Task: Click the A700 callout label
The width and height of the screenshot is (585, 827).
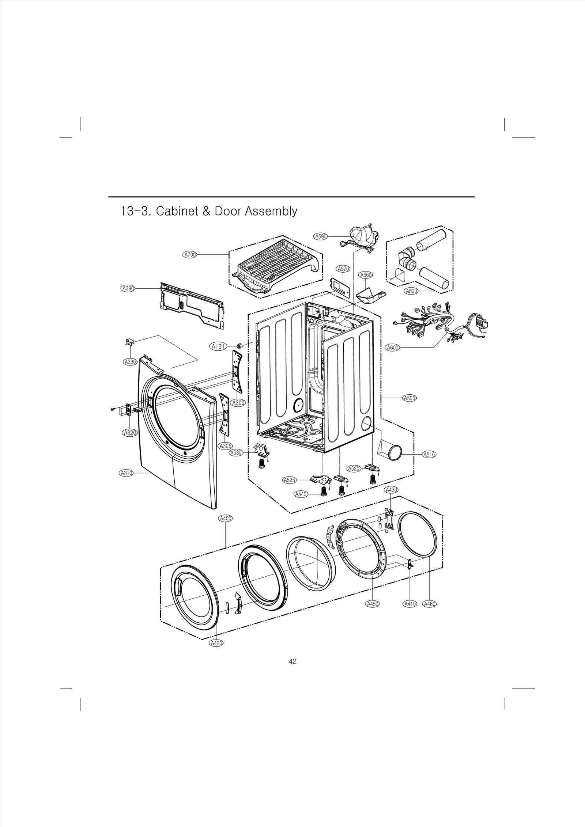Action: [x=190, y=255]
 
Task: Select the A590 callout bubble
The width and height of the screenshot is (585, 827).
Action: [x=321, y=236]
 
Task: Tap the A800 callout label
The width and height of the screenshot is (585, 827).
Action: [x=412, y=291]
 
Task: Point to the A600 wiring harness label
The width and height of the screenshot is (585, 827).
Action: [x=393, y=348]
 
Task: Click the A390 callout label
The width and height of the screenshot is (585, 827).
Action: [x=128, y=288]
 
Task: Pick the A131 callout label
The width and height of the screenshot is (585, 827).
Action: [x=218, y=346]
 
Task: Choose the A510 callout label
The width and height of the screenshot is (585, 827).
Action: [x=429, y=455]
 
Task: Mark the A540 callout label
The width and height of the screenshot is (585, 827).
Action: [x=301, y=494]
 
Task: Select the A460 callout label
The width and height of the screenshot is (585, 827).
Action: [x=429, y=604]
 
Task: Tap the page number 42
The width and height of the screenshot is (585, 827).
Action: [x=292, y=671]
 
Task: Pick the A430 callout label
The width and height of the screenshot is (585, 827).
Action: [x=391, y=490]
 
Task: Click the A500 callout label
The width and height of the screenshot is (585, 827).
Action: [x=409, y=398]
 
